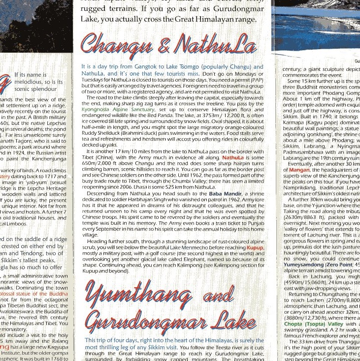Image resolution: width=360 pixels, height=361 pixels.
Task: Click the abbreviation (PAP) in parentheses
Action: point(257,79)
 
